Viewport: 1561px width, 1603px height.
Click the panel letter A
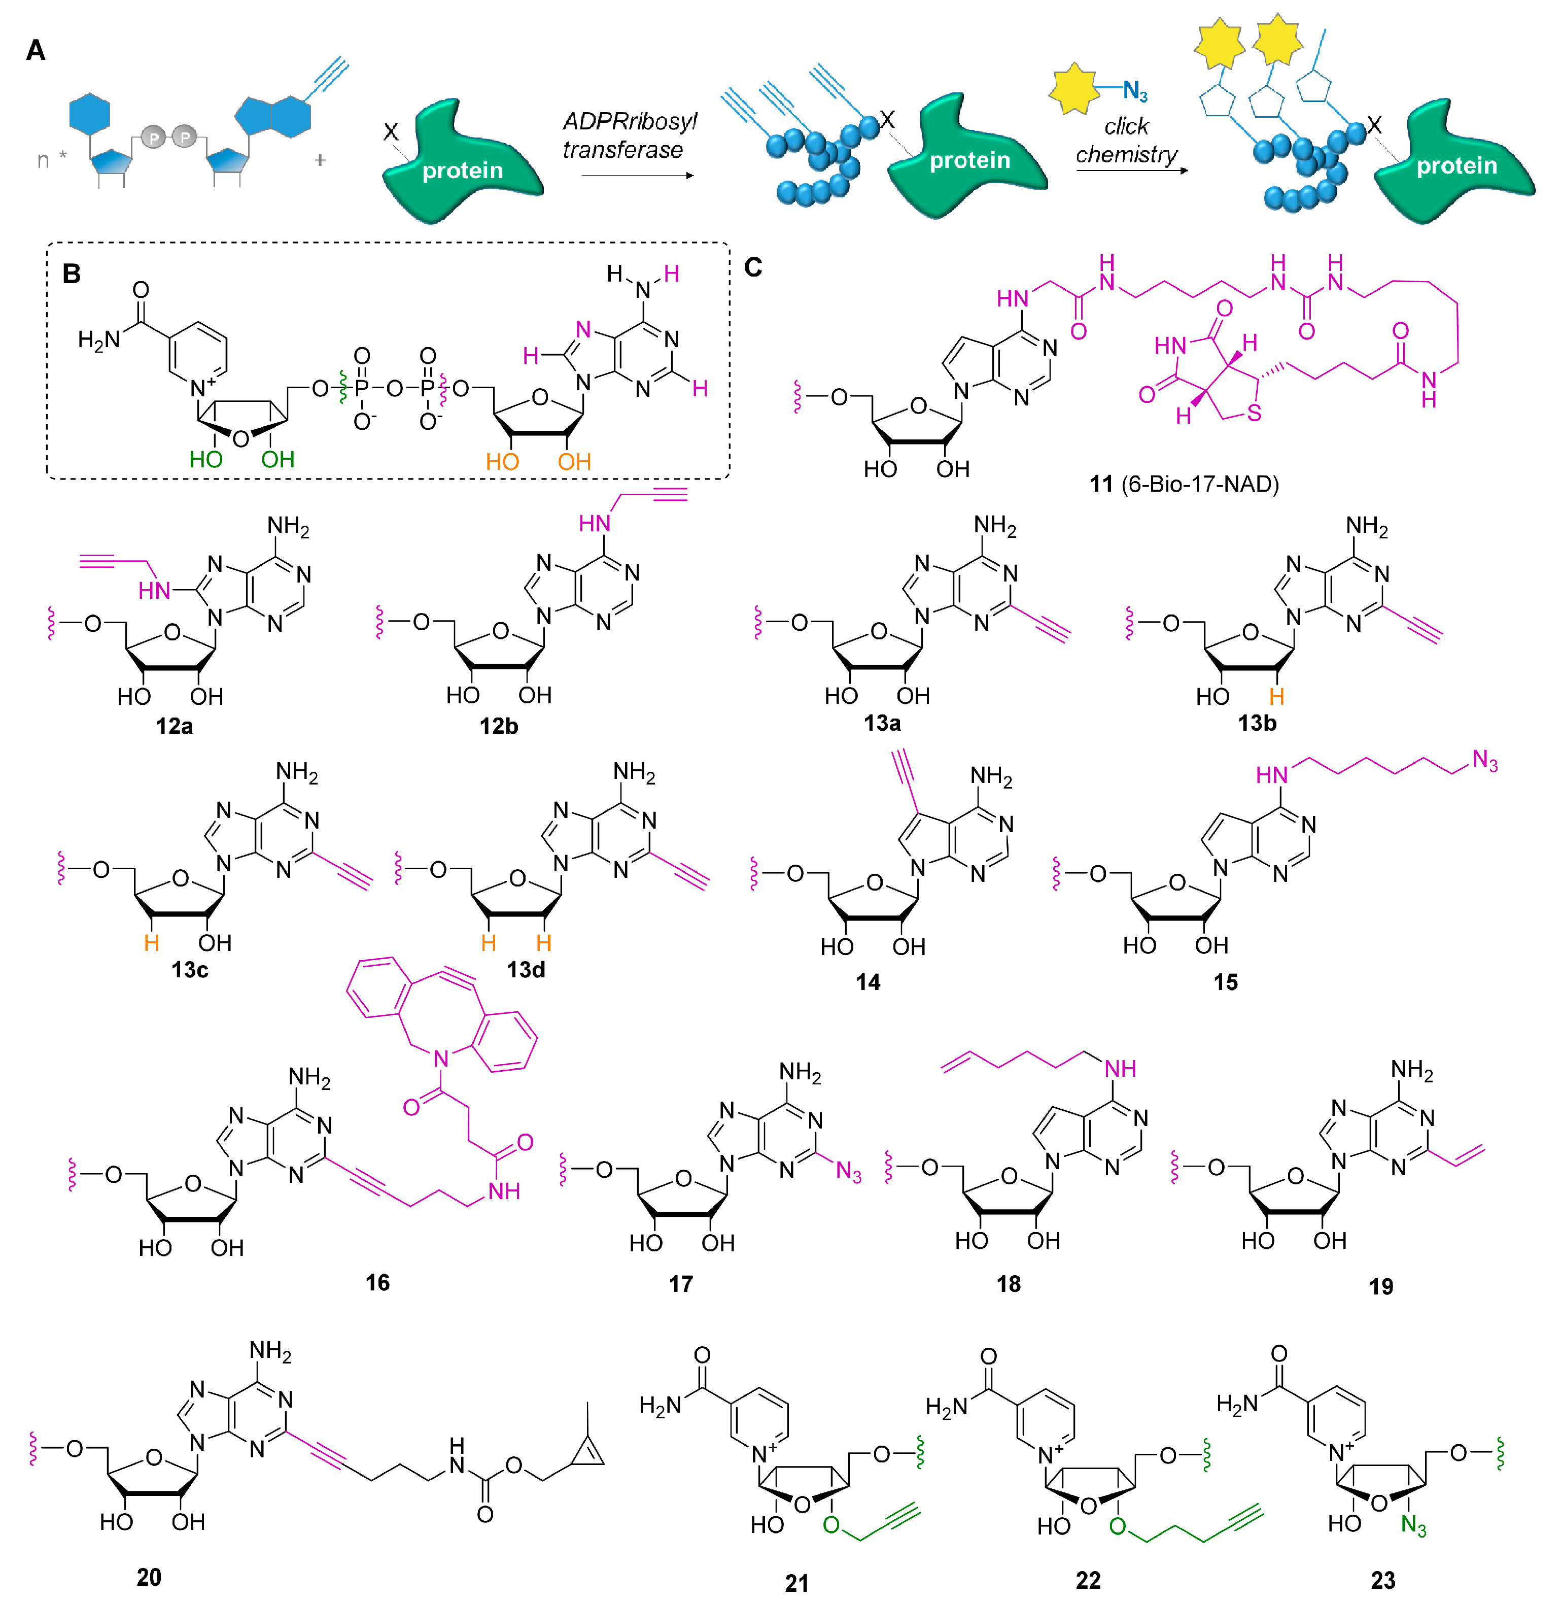coord(35,51)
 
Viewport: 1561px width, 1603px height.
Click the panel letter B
coord(72,274)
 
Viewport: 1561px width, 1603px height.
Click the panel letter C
coord(753,267)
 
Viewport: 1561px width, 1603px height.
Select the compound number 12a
coord(174,726)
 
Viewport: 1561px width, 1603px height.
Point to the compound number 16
coord(377,1282)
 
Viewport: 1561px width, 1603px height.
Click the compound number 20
coord(149,1577)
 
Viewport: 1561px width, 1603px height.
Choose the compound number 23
coord(1382,1580)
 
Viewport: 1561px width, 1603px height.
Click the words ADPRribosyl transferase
coord(629,135)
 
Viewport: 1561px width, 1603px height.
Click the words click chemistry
coord(1126,140)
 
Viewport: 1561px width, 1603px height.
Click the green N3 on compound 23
coord(1413,1525)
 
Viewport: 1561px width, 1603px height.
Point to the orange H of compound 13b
coord(1276,697)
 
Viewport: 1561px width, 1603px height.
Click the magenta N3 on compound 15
coord(1485,761)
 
